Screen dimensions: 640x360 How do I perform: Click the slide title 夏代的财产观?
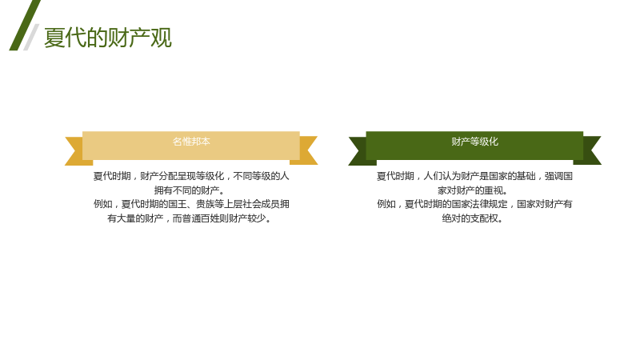click(x=108, y=38)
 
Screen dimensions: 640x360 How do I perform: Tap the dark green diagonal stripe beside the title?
click(x=25, y=26)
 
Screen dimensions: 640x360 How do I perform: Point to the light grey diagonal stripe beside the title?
click(x=31, y=37)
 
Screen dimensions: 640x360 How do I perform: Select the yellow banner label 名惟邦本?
click(x=191, y=142)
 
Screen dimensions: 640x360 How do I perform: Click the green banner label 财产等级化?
click(x=474, y=142)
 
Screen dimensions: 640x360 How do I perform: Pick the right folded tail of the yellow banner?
click(x=306, y=150)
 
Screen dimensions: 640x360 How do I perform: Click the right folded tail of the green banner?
click(x=589, y=150)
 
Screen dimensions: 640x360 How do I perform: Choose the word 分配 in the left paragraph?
click(x=168, y=176)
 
